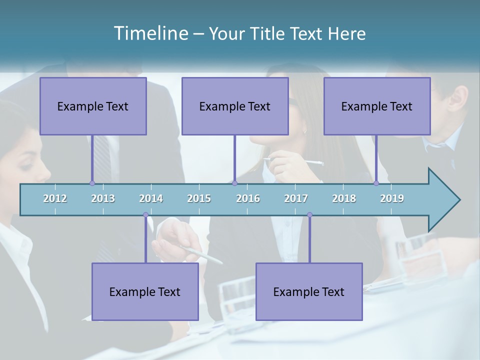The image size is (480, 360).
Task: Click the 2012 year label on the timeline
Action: (x=55, y=198)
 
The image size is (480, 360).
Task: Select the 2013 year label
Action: (x=103, y=198)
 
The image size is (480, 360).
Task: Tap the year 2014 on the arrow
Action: (x=151, y=198)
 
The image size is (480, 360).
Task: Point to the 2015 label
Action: (x=199, y=198)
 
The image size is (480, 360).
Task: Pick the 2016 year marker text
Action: (x=248, y=198)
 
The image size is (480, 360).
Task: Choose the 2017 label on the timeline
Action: (x=296, y=198)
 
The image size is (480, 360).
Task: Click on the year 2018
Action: (x=344, y=198)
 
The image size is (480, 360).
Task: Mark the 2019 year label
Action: (x=392, y=198)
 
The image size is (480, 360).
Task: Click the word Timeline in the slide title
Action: (x=150, y=33)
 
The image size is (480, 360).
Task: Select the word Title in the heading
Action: (x=268, y=34)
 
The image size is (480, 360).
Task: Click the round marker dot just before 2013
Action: (x=92, y=183)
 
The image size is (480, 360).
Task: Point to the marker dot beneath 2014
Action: (x=145, y=215)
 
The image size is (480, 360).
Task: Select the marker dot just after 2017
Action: (x=309, y=215)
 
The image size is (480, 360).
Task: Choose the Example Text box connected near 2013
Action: (x=93, y=106)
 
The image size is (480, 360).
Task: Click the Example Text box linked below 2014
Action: (x=145, y=291)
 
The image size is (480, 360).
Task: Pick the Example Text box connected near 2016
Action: (x=235, y=106)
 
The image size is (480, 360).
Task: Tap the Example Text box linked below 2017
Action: (x=309, y=291)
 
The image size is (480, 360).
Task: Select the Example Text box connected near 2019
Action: (x=377, y=106)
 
